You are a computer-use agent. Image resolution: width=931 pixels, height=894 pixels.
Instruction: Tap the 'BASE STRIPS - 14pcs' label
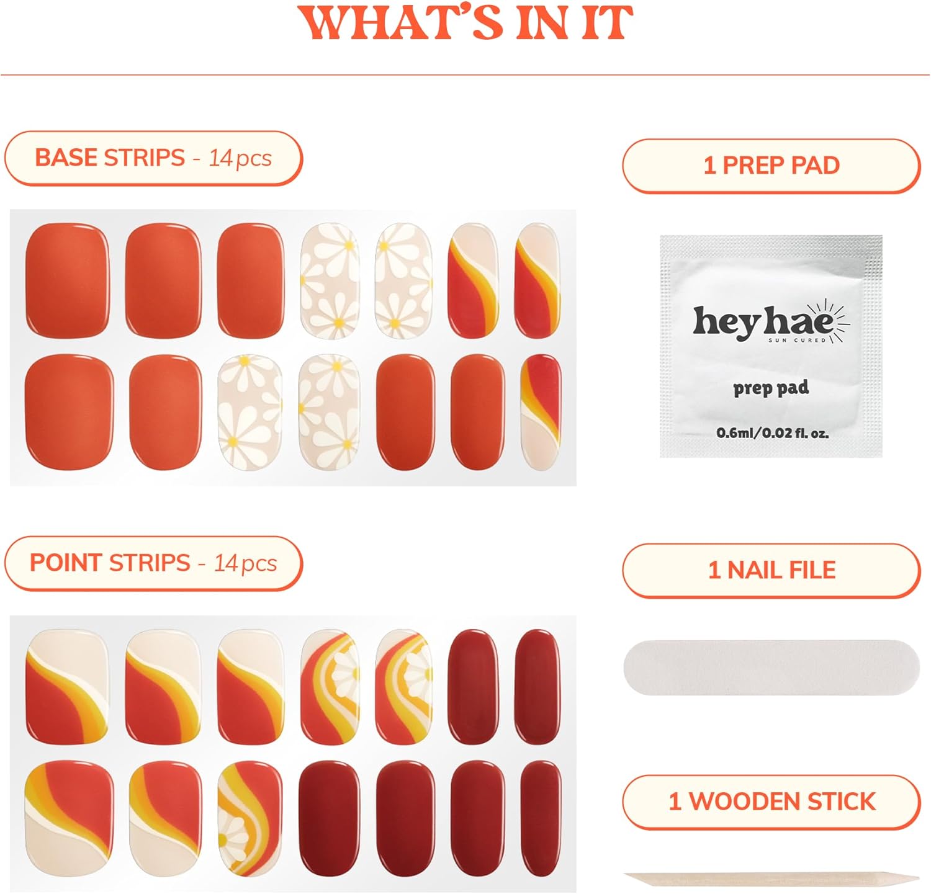tap(153, 158)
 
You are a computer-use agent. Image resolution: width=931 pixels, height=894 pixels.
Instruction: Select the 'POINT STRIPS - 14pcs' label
tap(153, 563)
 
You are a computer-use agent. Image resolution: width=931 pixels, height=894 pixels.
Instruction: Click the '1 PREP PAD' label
tap(771, 166)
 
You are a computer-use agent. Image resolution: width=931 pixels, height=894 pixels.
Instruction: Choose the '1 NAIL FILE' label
tap(771, 570)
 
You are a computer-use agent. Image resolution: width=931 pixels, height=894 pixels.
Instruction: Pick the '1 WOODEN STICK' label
tap(771, 802)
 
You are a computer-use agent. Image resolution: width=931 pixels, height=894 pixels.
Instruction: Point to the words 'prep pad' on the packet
tap(771, 388)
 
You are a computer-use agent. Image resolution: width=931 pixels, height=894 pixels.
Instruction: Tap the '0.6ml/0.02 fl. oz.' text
tap(772, 432)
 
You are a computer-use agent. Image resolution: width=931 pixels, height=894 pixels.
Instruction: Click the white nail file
tap(771, 668)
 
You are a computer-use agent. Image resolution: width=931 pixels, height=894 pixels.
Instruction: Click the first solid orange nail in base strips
tap(67, 280)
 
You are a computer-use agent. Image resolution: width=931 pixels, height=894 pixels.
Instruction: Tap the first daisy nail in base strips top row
tap(330, 280)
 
